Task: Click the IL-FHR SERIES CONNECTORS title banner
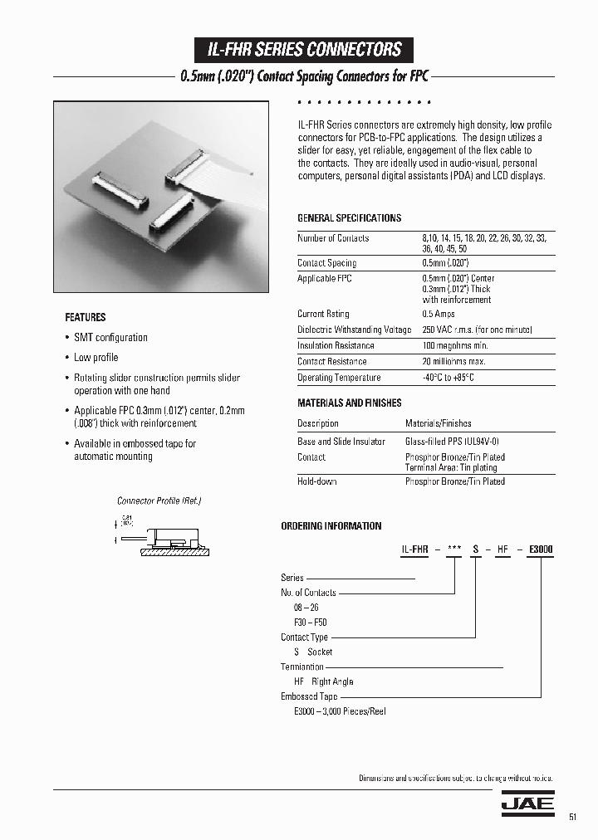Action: click(304, 50)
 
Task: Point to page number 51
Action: click(572, 818)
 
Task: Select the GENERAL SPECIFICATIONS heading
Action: click(349, 218)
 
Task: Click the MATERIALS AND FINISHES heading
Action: click(349, 403)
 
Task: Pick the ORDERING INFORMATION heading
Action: click(331, 526)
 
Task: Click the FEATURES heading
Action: click(86, 317)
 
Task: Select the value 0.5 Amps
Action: click(439, 314)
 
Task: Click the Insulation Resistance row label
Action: click(336, 345)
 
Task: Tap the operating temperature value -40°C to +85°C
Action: click(448, 378)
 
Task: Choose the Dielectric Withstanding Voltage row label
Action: click(354, 330)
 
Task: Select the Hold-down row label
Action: click(317, 481)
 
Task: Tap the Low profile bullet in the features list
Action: click(96, 358)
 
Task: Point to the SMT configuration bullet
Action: click(110, 338)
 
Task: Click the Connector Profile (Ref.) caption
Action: click(159, 501)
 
